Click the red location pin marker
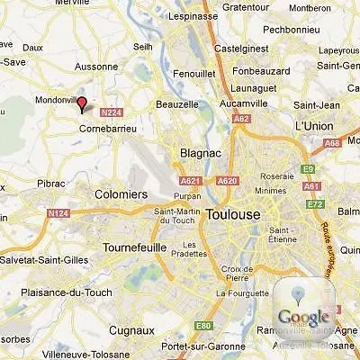click(x=82, y=104)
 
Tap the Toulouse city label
click(x=232, y=214)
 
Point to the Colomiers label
click(x=121, y=193)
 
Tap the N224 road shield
click(x=111, y=112)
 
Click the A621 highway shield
click(x=189, y=181)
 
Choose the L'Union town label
click(x=314, y=126)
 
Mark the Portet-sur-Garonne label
click(x=193, y=347)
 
